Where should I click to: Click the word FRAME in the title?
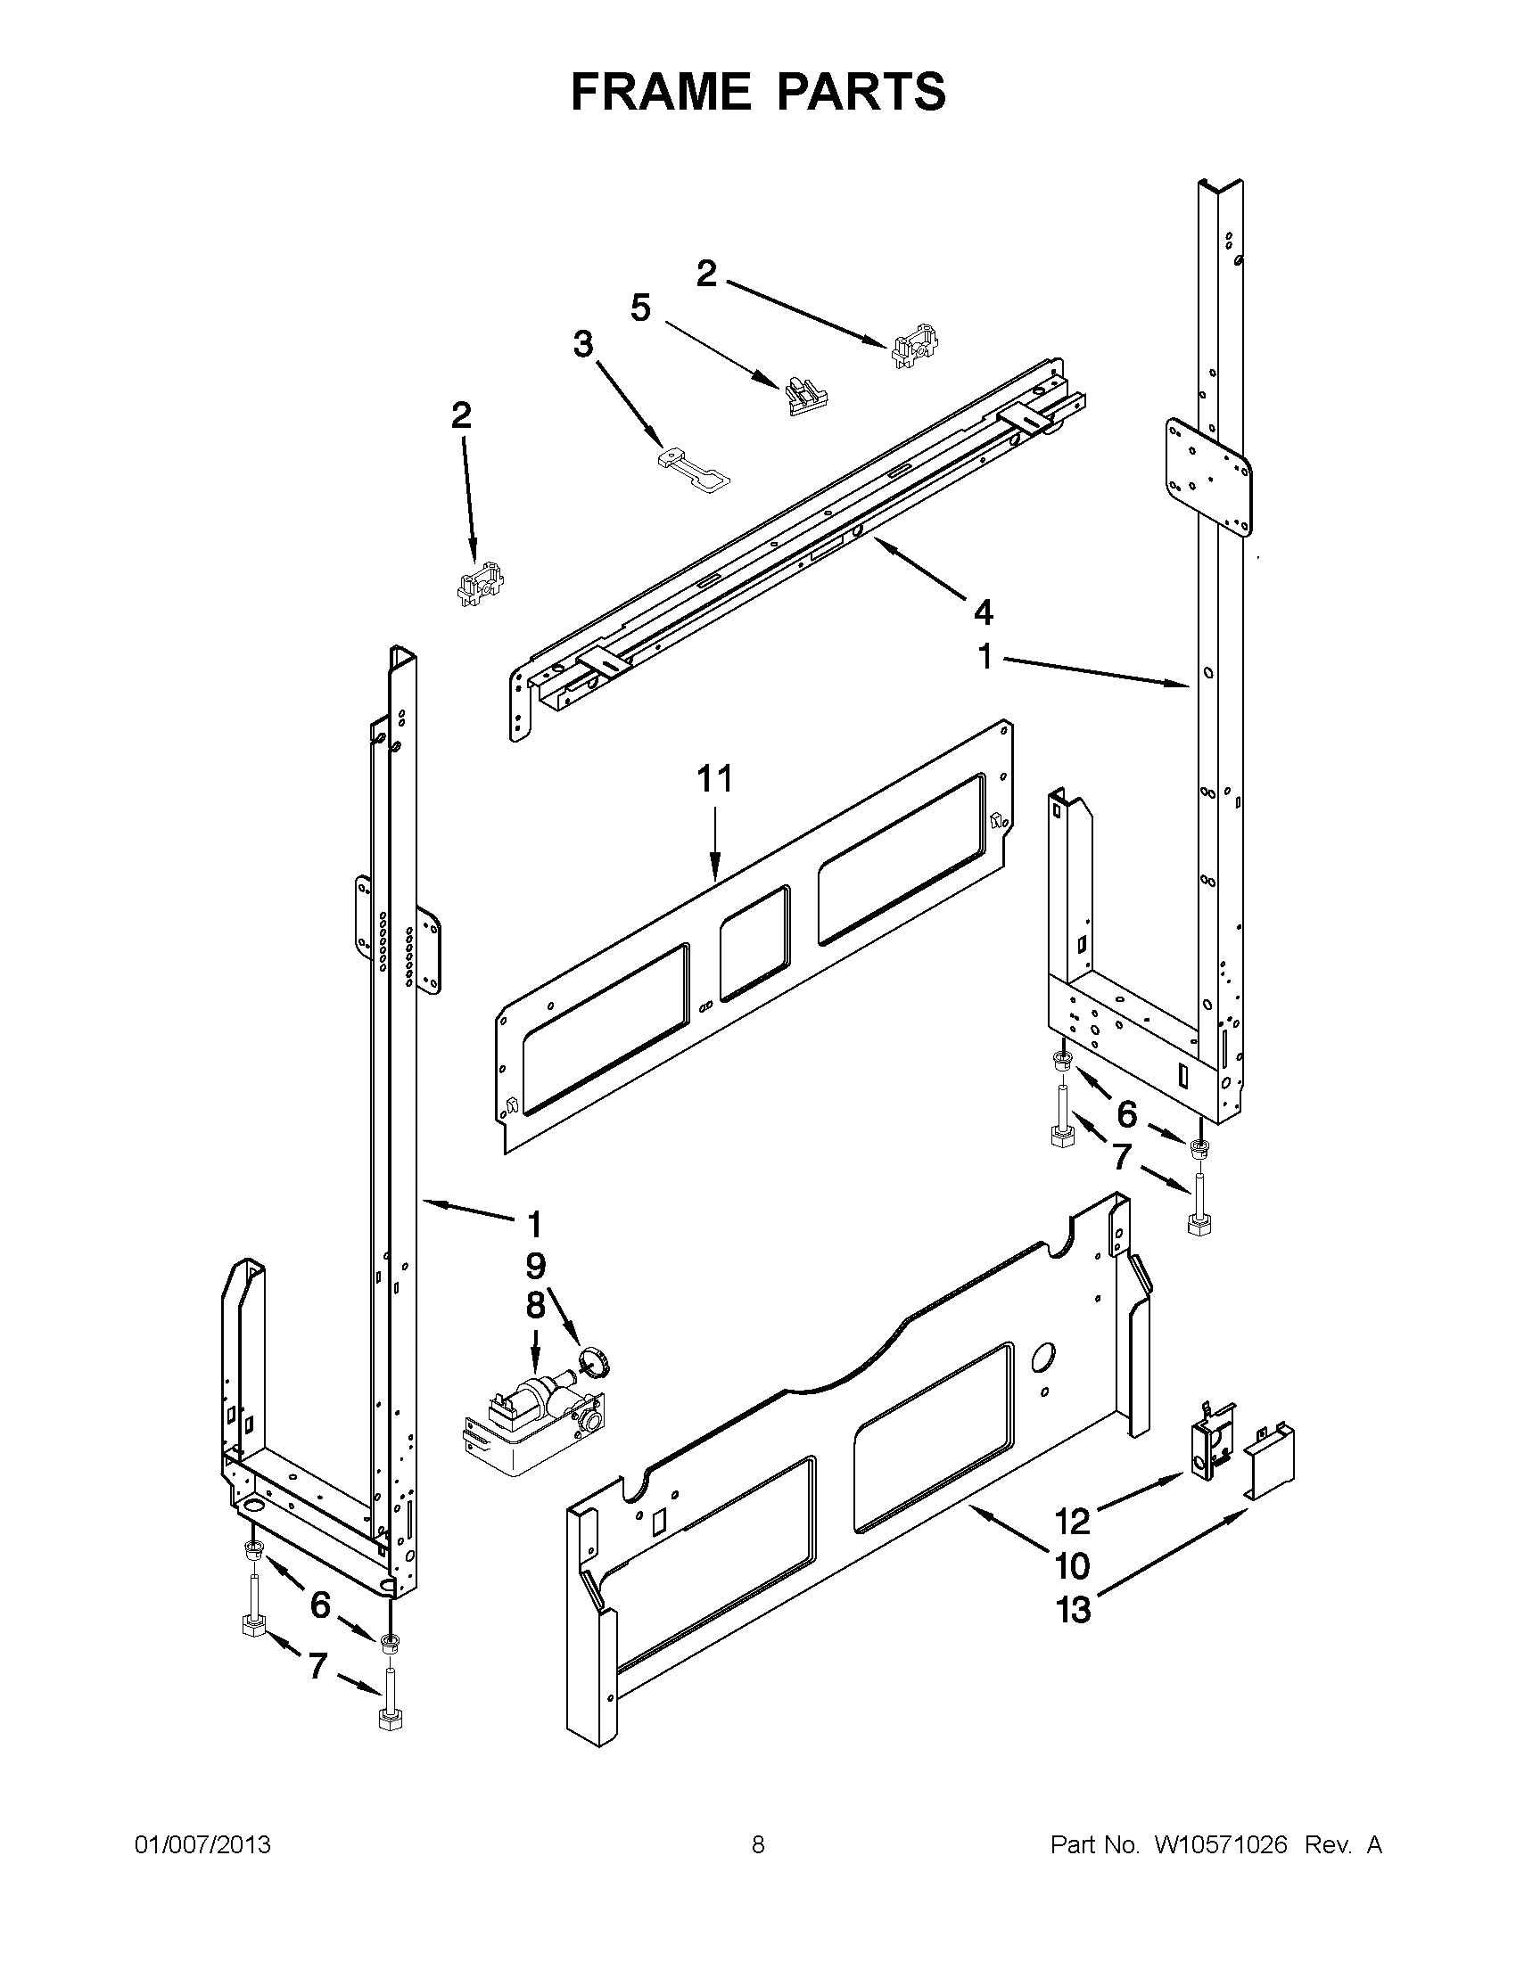click(660, 92)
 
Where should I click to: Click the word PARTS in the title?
click(861, 92)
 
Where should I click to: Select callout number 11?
click(715, 779)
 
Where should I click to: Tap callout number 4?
click(983, 612)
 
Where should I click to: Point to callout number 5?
click(639, 308)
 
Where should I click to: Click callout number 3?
click(583, 343)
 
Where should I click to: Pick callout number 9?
click(535, 1266)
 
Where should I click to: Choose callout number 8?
click(535, 1305)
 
